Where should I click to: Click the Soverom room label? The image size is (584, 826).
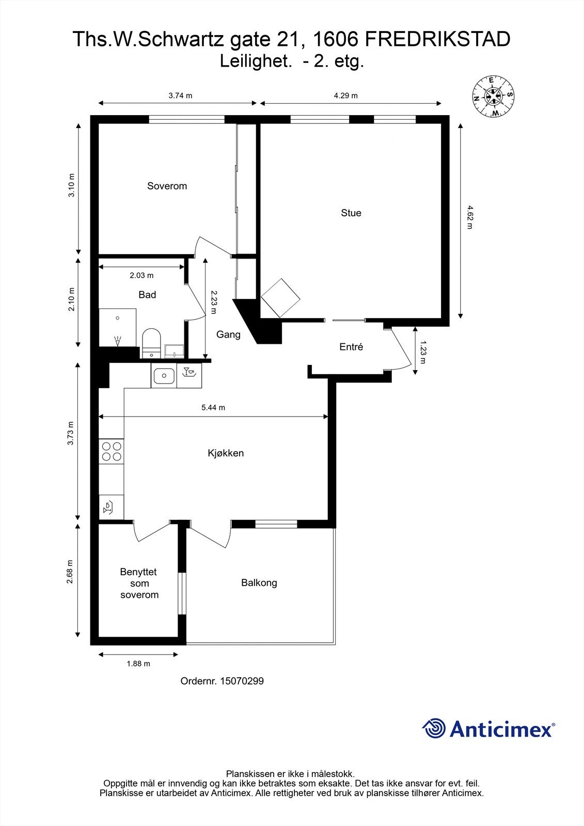pyautogui.click(x=167, y=186)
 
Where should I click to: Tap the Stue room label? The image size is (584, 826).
pyautogui.click(x=351, y=213)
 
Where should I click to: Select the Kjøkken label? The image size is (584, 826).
pyautogui.click(x=226, y=453)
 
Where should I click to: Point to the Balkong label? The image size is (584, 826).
pyautogui.click(x=259, y=582)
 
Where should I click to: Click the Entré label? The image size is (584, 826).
pyautogui.click(x=351, y=347)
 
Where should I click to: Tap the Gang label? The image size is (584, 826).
pyautogui.click(x=228, y=335)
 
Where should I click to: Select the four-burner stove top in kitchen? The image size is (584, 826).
pyautogui.click(x=112, y=451)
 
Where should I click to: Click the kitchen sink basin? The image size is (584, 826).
pyautogui.click(x=164, y=376)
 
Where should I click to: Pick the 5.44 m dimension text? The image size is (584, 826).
pyautogui.click(x=213, y=407)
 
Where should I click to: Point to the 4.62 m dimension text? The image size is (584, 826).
pyautogui.click(x=469, y=217)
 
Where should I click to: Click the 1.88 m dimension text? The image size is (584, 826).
pyautogui.click(x=138, y=663)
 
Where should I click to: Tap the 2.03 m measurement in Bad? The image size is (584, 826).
pyautogui.click(x=141, y=276)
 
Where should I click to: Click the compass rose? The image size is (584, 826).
pyautogui.click(x=493, y=96)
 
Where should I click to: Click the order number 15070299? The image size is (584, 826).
pyautogui.click(x=241, y=681)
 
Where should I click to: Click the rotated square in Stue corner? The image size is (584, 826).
pyautogui.click(x=281, y=298)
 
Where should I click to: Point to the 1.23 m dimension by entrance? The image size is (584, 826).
pyautogui.click(x=423, y=352)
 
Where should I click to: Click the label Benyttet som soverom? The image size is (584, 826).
pyautogui.click(x=139, y=583)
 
